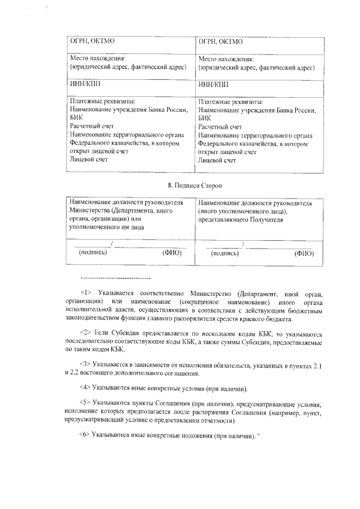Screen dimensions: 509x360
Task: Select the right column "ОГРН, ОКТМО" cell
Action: click(220, 42)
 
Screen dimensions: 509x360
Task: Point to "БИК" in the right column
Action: click(204, 119)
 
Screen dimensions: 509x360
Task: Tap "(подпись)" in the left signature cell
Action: click(93, 253)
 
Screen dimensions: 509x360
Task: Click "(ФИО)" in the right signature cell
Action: click(304, 254)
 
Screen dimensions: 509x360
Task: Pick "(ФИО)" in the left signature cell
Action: click(172, 253)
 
